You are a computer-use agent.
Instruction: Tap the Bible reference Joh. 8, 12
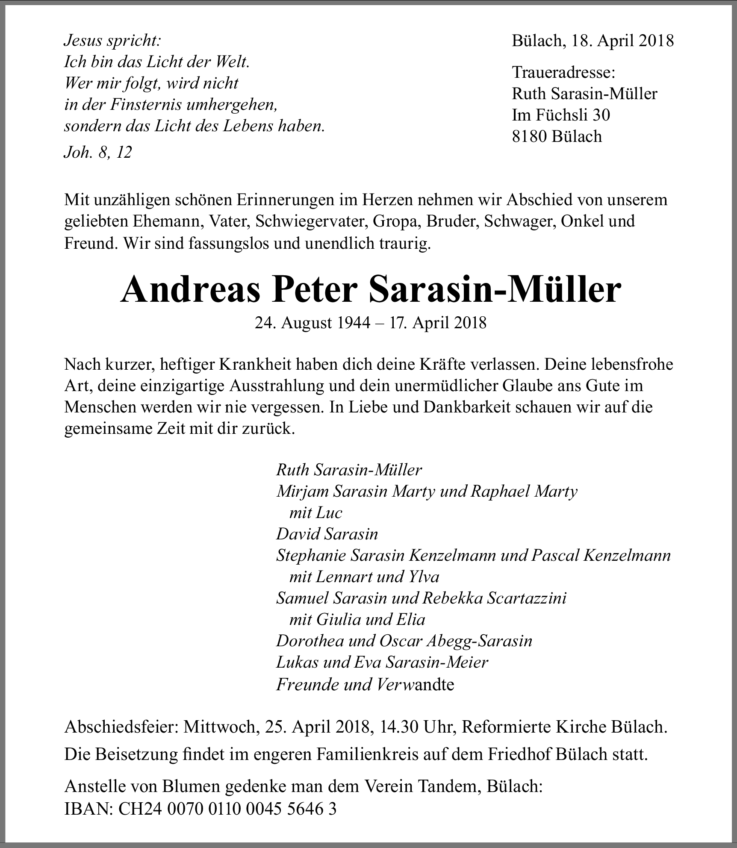point(98,152)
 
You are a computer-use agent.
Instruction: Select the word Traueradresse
point(563,72)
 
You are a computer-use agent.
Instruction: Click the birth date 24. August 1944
point(312,323)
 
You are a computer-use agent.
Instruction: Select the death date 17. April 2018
point(438,323)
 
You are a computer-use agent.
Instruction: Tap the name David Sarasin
point(327,534)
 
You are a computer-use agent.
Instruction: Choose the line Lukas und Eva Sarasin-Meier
point(382,662)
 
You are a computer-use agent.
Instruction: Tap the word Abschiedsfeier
point(121,727)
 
